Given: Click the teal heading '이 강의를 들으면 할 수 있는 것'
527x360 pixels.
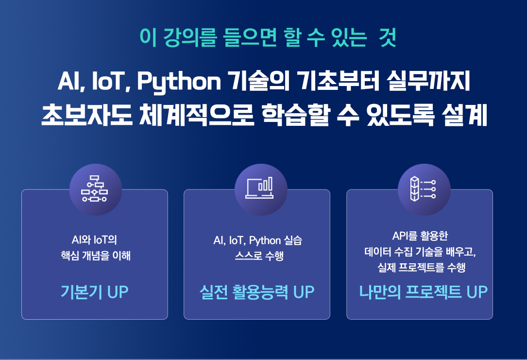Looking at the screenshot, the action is coord(268,37).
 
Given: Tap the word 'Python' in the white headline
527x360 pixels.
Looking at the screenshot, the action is coord(179,82).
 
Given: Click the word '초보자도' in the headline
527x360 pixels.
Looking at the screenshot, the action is coord(87,115).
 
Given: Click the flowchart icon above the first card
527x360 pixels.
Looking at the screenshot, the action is coord(94,189).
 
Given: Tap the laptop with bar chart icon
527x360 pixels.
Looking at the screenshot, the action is coord(259,188).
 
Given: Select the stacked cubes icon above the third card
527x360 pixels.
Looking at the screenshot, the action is coord(423,189).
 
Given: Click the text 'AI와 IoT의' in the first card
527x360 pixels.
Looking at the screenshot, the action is coord(94,240).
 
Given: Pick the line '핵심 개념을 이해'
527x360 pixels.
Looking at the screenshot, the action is coord(96,256).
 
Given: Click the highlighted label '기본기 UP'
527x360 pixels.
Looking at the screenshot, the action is coord(94,291).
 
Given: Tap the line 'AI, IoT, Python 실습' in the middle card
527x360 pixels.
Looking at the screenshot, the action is coord(258,240).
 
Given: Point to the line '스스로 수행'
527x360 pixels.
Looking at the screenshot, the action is coord(259,256).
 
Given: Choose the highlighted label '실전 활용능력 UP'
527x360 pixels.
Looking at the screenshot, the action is coord(257,291).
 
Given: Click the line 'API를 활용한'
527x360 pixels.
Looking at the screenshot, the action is coord(420,236).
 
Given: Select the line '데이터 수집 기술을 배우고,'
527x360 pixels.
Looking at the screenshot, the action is coord(420,252).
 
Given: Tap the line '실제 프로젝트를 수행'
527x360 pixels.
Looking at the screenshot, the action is coord(422,267).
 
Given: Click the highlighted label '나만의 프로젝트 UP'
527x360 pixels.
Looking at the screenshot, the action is coord(423,291).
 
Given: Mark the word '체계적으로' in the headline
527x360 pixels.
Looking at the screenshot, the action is coord(197,115).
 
